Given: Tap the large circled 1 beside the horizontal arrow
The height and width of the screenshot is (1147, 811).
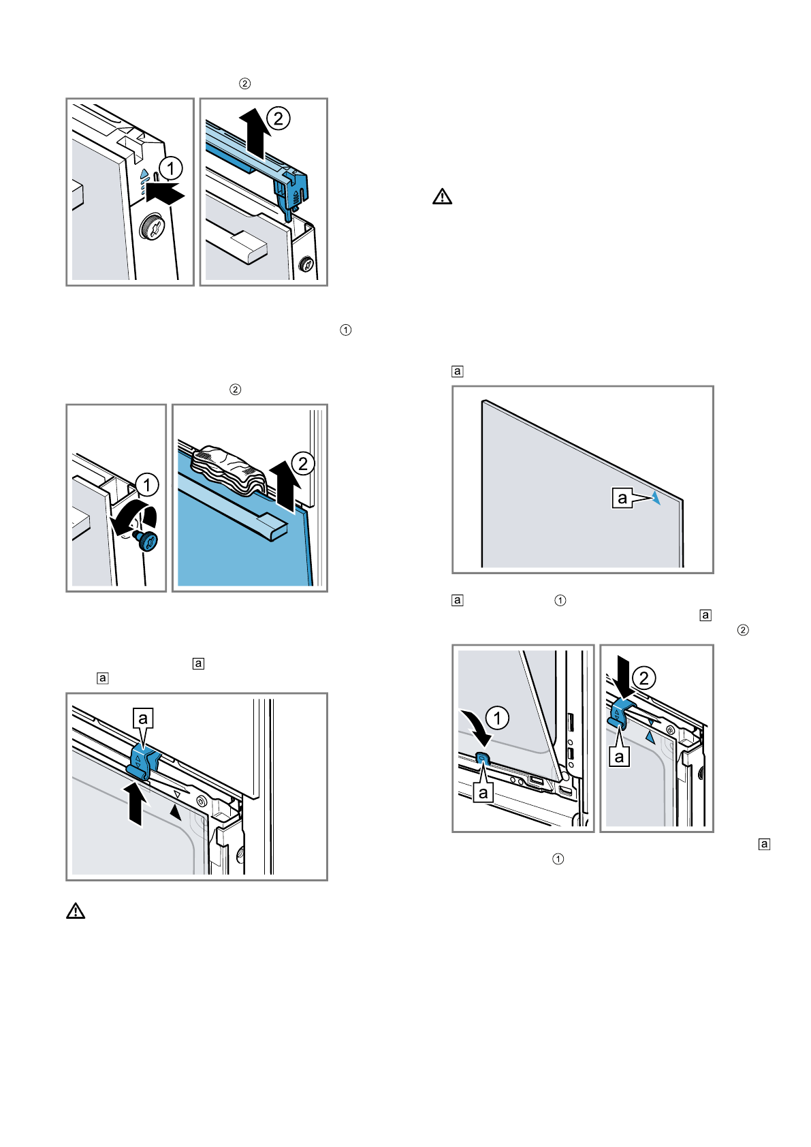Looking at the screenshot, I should click(x=171, y=168).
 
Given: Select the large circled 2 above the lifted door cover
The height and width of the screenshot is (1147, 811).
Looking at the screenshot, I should click(x=278, y=119).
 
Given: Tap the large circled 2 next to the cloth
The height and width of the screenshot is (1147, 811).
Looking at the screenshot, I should click(x=303, y=464).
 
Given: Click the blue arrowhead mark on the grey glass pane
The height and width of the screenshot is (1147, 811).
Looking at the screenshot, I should click(x=655, y=498).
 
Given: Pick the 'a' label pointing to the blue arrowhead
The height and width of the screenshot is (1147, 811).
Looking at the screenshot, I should click(x=622, y=498).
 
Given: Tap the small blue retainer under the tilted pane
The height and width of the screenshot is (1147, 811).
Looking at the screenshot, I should click(x=482, y=758).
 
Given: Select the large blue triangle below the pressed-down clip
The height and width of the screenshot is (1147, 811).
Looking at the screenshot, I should click(x=650, y=737).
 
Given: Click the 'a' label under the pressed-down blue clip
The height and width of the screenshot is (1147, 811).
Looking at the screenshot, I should click(x=619, y=757).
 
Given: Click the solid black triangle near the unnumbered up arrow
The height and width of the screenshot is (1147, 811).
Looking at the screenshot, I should click(x=176, y=811).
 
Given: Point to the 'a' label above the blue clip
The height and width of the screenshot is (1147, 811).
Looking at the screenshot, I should click(x=143, y=718).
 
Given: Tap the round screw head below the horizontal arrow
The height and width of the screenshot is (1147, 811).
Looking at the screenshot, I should click(x=149, y=228).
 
